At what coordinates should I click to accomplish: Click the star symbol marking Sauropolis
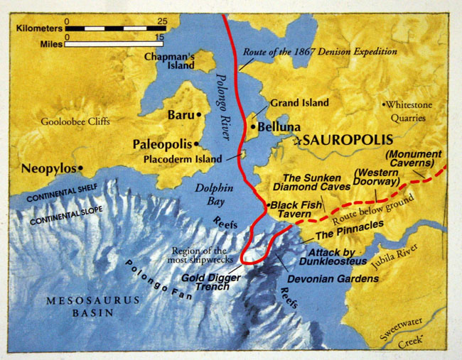click(297, 141)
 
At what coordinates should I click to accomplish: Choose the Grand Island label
click(299, 103)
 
